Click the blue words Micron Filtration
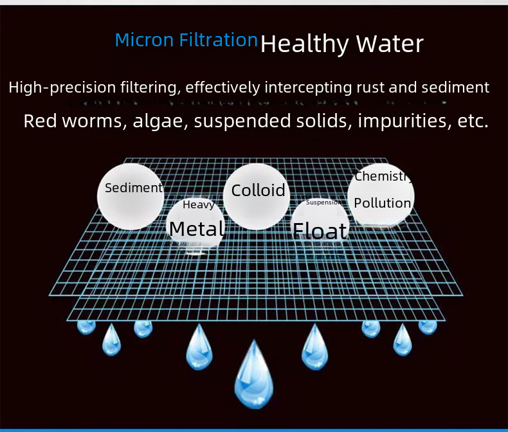(186, 40)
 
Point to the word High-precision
(62, 87)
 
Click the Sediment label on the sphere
(134, 188)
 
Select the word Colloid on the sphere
(259, 190)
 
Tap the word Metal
(197, 229)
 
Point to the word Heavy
(199, 204)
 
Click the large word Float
(320, 231)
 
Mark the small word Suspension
(323, 203)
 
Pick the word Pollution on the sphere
(383, 203)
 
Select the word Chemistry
(384, 177)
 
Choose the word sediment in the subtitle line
(455, 87)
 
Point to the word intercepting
(308, 87)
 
